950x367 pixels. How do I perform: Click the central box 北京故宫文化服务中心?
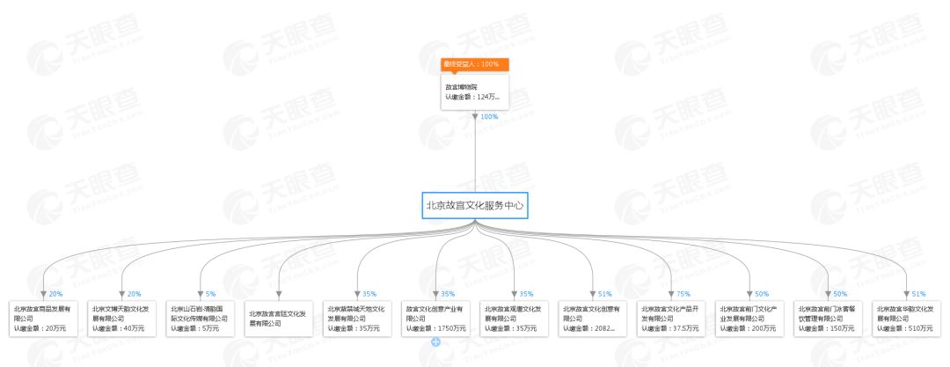(x=475, y=205)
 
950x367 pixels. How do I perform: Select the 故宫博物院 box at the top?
(x=475, y=92)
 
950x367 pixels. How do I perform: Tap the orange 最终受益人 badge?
(x=475, y=64)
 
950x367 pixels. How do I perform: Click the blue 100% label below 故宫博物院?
(x=490, y=116)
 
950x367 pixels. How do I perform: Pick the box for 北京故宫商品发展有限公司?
(x=45, y=318)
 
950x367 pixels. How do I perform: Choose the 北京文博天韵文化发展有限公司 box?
(x=124, y=318)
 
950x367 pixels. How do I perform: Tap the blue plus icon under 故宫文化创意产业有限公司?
(x=435, y=341)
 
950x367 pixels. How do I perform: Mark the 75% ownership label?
(x=683, y=294)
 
